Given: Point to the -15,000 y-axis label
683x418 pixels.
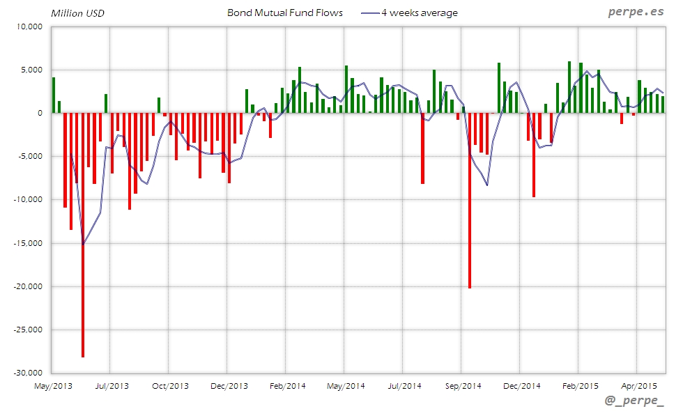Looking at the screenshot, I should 28,243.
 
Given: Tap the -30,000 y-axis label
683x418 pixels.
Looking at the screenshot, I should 28,373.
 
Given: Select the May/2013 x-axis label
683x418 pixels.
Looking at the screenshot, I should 53,385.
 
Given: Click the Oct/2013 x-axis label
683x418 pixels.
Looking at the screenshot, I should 170,385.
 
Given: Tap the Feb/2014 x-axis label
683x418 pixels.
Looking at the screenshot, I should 287,385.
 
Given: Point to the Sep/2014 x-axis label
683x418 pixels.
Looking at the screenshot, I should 463,385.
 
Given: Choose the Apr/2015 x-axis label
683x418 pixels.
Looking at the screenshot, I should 638,385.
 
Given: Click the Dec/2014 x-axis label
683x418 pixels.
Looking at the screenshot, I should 521,385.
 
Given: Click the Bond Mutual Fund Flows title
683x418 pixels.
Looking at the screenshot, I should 285,13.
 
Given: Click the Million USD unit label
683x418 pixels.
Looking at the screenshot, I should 77,13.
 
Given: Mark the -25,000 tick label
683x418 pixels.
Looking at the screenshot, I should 28,330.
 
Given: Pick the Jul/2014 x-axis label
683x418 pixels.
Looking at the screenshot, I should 404,385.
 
